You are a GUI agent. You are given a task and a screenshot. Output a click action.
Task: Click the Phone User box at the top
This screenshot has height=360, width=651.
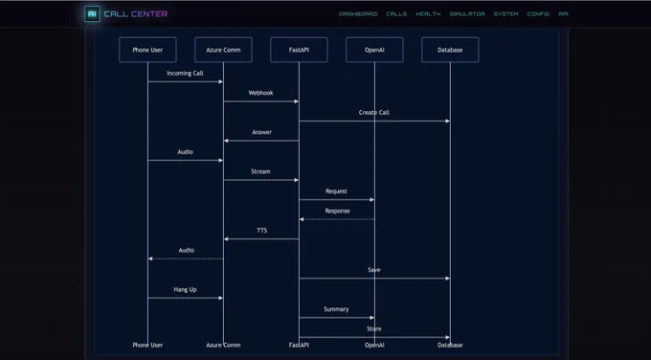pyautogui.click(x=147, y=50)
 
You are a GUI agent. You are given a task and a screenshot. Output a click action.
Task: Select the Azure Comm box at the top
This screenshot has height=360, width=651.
pyautogui.click(x=223, y=50)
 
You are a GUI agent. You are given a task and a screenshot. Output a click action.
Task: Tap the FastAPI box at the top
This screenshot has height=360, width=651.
pyautogui.click(x=299, y=50)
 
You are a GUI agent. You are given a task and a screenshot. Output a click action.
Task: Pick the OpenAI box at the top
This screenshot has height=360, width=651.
pyautogui.click(x=374, y=50)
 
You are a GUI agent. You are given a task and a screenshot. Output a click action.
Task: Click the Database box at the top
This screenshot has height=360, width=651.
pyautogui.click(x=450, y=50)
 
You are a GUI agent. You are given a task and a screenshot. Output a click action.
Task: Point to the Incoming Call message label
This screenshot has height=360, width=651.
pyautogui.click(x=185, y=74)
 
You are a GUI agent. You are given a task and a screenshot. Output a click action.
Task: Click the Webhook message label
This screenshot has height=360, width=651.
pyautogui.click(x=260, y=93)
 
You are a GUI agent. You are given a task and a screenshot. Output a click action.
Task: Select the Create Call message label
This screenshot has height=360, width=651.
pyautogui.click(x=374, y=113)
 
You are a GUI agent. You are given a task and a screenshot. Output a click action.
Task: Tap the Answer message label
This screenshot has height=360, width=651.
pyautogui.click(x=262, y=132)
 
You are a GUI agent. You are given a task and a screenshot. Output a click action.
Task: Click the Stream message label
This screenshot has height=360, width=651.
pyautogui.click(x=260, y=171)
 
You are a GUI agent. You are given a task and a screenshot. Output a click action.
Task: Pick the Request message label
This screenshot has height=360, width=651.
pyautogui.click(x=336, y=191)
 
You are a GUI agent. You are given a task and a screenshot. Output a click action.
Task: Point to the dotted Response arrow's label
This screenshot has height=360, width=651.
pyautogui.click(x=338, y=211)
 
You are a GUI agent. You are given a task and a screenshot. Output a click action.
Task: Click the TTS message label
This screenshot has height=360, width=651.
pyautogui.click(x=262, y=231)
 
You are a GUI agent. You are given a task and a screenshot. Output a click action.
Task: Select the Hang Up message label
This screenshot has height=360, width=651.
pyautogui.click(x=185, y=290)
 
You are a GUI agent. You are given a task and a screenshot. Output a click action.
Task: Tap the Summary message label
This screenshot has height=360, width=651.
pyautogui.click(x=336, y=309)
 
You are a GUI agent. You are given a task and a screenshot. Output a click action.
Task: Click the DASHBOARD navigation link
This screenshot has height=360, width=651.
pyautogui.click(x=358, y=14)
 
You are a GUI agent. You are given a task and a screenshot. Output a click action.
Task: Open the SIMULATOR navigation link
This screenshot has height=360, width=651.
pyautogui.click(x=467, y=14)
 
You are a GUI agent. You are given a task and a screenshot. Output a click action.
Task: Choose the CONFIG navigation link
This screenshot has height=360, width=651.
pyautogui.click(x=538, y=14)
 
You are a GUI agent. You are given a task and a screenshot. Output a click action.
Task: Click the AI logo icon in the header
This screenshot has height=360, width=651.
pyautogui.click(x=92, y=14)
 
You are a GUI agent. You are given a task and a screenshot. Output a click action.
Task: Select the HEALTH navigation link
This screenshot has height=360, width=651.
pyautogui.click(x=428, y=14)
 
